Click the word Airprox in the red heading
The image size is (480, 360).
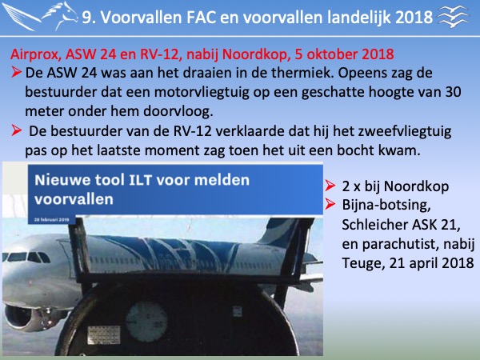tap(34, 55)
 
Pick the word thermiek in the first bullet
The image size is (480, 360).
tap(303, 73)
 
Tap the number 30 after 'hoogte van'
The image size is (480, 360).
tap(452, 93)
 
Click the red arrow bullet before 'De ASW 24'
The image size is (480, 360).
tap(16, 73)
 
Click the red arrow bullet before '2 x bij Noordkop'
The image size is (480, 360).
tap(330, 186)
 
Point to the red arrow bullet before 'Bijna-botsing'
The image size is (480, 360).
tap(330, 204)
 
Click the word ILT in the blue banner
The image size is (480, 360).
tap(140, 180)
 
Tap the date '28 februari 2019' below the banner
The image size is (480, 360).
tap(52, 219)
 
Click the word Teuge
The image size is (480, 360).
tap(362, 263)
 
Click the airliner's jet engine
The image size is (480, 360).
tap(19, 317)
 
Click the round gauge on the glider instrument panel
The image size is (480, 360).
tap(146, 322)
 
